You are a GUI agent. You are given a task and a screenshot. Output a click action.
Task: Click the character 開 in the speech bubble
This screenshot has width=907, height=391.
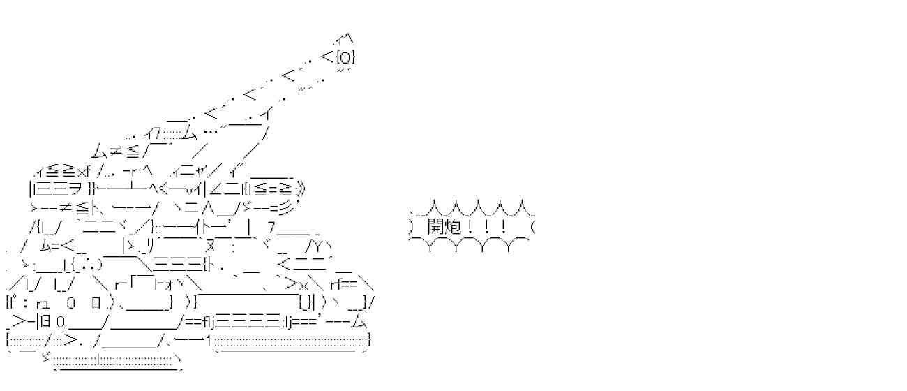(436, 227)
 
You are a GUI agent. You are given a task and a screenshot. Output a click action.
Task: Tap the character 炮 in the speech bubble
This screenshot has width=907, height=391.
(453, 227)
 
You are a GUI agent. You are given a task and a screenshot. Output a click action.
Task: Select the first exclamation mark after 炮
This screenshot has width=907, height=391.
(470, 227)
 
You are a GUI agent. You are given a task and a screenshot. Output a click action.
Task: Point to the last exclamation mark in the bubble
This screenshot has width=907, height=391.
(503, 227)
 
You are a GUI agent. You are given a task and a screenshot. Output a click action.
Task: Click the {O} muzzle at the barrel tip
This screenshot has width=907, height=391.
(345, 57)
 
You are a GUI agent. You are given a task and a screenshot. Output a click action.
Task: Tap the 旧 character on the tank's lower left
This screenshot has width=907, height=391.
(46, 322)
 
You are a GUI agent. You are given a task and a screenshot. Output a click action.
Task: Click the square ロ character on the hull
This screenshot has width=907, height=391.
(96, 303)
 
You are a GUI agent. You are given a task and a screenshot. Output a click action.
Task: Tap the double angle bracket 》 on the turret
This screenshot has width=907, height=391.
(300, 189)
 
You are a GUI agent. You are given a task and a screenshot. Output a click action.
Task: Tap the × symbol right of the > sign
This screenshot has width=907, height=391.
(304, 286)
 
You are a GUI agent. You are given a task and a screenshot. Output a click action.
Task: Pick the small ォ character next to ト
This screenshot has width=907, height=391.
(170, 286)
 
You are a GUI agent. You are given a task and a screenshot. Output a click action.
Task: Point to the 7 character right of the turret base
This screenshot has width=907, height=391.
(272, 228)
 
